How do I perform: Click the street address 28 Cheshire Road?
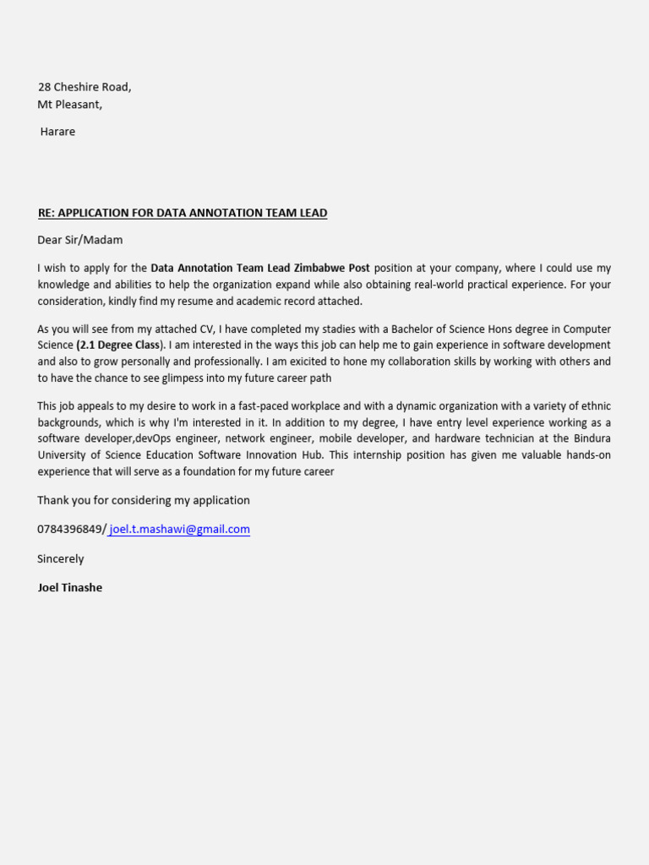click(85, 87)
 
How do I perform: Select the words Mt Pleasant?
click(70, 105)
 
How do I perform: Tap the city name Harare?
click(57, 132)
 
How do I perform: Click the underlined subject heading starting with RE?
click(182, 213)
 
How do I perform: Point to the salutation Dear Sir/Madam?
click(80, 240)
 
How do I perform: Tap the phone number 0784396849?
click(70, 530)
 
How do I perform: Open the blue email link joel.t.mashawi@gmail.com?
click(179, 530)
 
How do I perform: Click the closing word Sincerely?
click(61, 559)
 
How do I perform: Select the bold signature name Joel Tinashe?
click(69, 588)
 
